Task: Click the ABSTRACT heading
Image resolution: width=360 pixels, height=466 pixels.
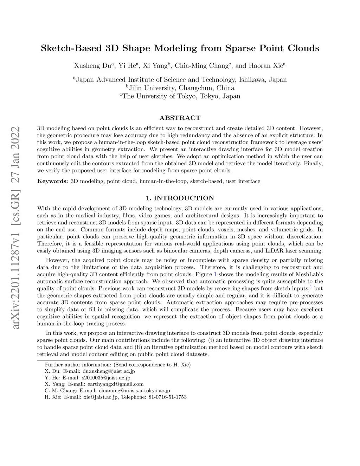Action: tap(180, 118)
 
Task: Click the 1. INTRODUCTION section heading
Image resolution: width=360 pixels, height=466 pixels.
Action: tap(180, 198)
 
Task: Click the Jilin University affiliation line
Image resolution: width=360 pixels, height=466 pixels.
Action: tap(180, 88)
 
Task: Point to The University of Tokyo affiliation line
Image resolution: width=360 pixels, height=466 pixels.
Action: tap(180, 96)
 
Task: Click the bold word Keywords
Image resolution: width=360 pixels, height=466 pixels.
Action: tap(52, 181)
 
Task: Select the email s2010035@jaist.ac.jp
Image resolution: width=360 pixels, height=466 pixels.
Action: tap(106, 377)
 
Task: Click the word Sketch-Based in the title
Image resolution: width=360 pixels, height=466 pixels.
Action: tap(71, 48)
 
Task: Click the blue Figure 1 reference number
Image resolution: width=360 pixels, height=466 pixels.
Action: tap(215, 274)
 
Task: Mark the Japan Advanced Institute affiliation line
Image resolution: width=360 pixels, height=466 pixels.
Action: tap(180, 80)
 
